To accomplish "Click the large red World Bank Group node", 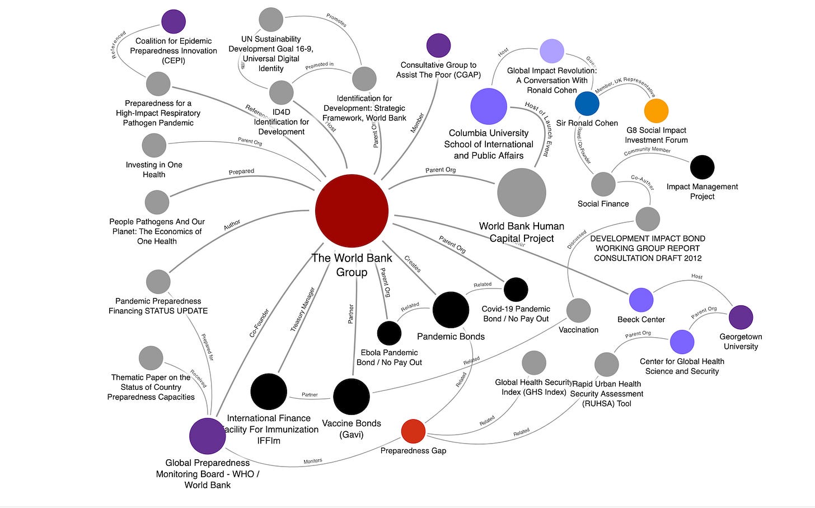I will coord(352,211).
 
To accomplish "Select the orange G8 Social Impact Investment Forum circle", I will coord(656,111).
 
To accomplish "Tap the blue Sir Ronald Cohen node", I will coord(587,103).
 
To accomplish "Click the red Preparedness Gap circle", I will coord(413,431).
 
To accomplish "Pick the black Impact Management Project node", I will coord(702,167).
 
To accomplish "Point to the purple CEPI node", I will coord(174,22).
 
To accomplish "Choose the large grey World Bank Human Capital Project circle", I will coord(522,193).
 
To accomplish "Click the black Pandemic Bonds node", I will coord(451,310).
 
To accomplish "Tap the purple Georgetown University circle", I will coord(741,317).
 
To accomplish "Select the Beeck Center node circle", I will coord(641,300).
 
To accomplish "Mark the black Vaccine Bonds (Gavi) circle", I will coord(352,397).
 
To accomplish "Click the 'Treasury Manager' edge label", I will coord(302,309).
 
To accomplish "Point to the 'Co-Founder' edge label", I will coord(259,323).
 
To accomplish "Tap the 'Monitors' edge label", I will coord(313,461).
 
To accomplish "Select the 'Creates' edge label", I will coord(413,264).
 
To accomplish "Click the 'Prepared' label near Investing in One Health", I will coord(241,171).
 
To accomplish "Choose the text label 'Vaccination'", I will coord(578,330).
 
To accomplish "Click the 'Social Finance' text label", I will coord(603,204).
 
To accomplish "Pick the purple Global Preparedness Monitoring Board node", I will coord(208,436).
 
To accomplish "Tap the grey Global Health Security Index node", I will coord(533,362).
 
